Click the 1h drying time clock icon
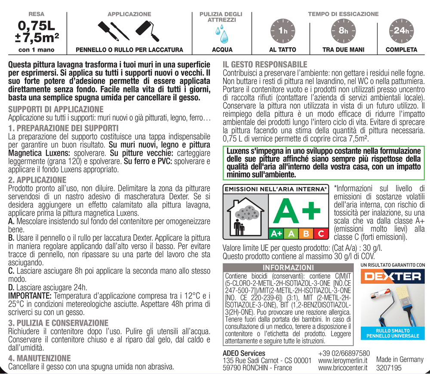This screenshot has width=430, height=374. click(282, 31)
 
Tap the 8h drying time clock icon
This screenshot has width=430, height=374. click(343, 31)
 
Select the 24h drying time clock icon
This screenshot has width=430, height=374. click(401, 31)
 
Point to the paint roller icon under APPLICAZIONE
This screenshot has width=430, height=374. click(147, 30)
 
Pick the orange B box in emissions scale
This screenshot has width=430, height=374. click(306, 234)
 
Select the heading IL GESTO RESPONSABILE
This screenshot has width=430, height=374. click(265, 64)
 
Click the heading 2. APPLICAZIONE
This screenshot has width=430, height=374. click(37, 180)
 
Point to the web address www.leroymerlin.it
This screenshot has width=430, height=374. click(343, 360)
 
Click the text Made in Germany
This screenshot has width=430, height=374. click(399, 359)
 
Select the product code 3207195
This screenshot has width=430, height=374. click(389, 368)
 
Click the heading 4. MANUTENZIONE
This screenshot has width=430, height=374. click(40, 358)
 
